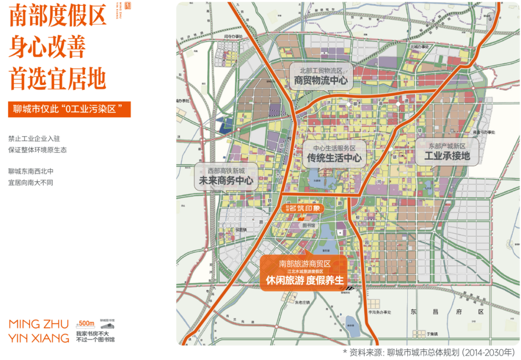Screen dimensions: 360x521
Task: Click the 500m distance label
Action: (85, 323)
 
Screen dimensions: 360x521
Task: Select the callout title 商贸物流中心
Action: (321, 81)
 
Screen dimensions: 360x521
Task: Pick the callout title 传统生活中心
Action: (334, 157)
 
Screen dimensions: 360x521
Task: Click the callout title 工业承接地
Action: (447, 156)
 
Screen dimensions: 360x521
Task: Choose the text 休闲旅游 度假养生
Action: (304, 279)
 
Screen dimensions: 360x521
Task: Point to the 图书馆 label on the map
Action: (308, 225)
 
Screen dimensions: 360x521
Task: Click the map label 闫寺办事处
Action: (235, 36)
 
